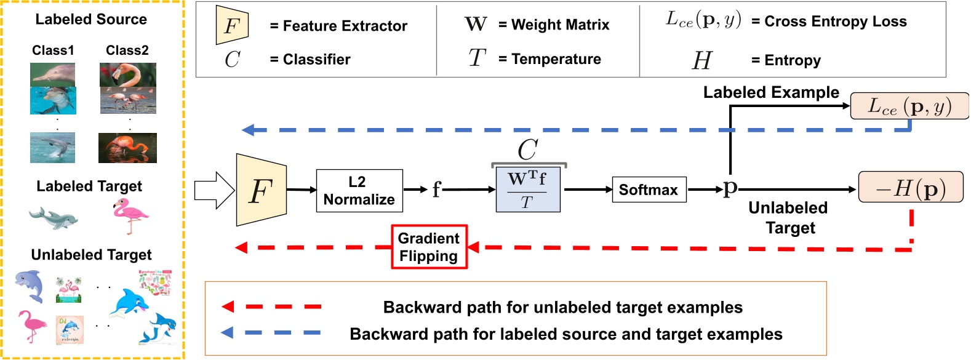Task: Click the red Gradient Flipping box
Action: [429, 247]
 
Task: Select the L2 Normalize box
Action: [359, 191]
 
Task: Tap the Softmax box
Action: [649, 190]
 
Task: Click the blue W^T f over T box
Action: [527, 190]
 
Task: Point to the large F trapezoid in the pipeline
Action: [261, 190]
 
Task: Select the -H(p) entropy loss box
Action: [910, 187]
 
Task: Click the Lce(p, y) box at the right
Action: [909, 106]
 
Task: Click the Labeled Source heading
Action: [91, 19]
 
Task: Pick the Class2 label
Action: [127, 50]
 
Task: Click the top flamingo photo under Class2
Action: [127, 74]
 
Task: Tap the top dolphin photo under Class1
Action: [53, 74]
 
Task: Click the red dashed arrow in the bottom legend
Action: [271, 306]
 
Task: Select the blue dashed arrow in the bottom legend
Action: [271, 333]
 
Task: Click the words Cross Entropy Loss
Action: [835, 22]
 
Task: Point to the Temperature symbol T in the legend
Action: [477, 58]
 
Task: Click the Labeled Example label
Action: [770, 92]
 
